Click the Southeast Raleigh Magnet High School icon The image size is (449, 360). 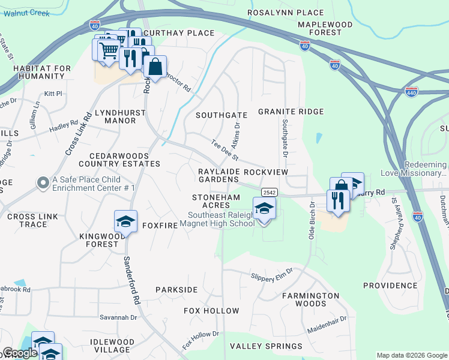coord(265,209)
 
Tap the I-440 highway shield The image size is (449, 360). coord(411,91)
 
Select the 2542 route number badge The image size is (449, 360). coord(269,191)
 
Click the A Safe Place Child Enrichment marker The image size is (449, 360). coord(43,182)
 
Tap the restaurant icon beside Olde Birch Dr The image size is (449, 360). coord(337,201)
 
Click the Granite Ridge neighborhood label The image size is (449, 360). coord(291,112)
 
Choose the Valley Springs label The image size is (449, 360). coord(266,346)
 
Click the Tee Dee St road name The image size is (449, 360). coord(225,150)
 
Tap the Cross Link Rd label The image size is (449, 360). coord(77,134)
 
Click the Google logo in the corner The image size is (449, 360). coord(20,353)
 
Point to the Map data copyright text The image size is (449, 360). coord(412,355)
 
